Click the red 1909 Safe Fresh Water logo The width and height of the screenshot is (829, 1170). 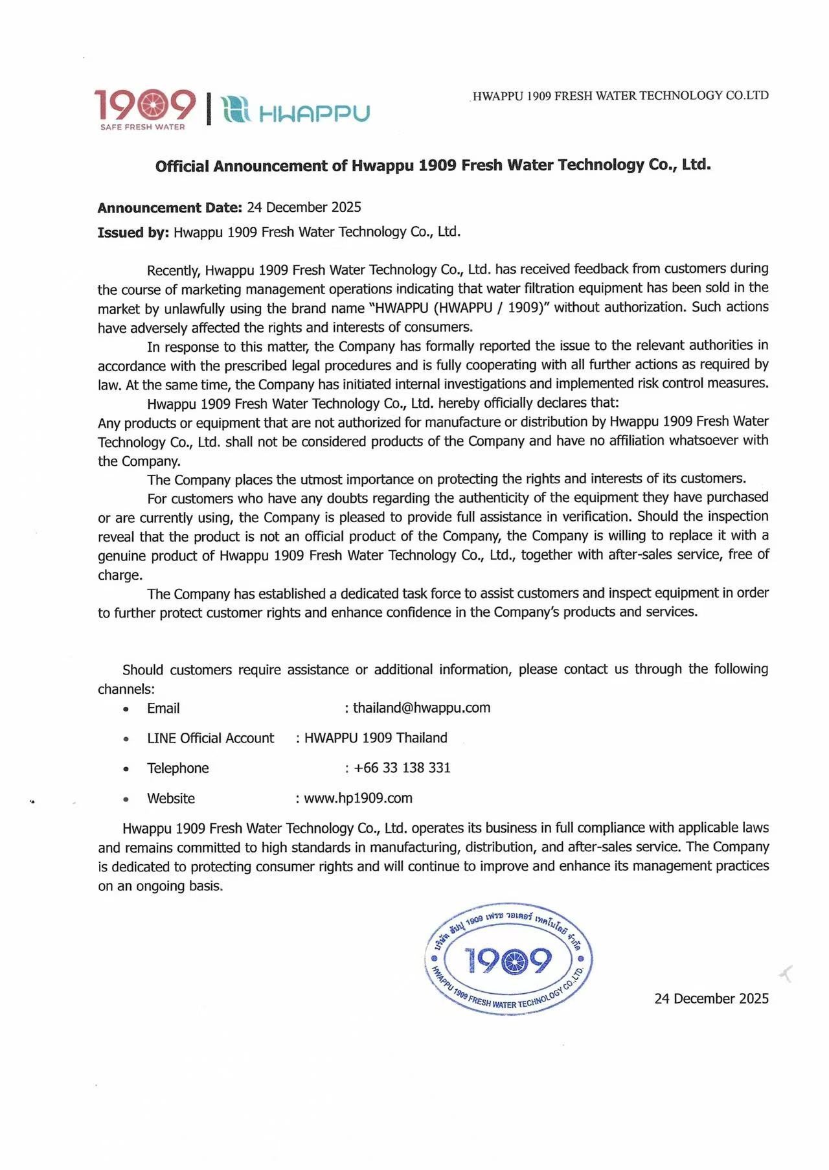click(x=144, y=109)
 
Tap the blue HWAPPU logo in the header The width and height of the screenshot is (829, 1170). click(x=295, y=111)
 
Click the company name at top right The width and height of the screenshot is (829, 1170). click(x=620, y=96)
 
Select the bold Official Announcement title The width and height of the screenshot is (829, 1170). click(x=433, y=165)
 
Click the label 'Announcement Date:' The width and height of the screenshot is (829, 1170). click(x=170, y=207)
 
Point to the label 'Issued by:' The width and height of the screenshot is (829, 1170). click(x=133, y=233)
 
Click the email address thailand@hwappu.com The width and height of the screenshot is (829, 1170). click(x=422, y=707)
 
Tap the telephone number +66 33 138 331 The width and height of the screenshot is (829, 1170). click(x=402, y=768)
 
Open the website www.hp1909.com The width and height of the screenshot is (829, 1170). click(x=358, y=798)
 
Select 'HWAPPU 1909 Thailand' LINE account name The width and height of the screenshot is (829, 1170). click(x=376, y=738)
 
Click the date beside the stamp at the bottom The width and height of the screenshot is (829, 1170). click(x=711, y=998)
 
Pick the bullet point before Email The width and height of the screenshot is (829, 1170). click(x=126, y=709)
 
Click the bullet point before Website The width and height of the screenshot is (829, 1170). click(x=126, y=799)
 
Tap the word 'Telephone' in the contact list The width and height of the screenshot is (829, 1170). click(x=177, y=768)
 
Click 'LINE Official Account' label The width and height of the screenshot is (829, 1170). click(x=210, y=738)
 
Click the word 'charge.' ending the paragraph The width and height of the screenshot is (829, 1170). click(x=120, y=575)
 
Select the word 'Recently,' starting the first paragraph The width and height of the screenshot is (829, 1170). click(x=173, y=270)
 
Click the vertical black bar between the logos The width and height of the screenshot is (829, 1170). click(x=209, y=109)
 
